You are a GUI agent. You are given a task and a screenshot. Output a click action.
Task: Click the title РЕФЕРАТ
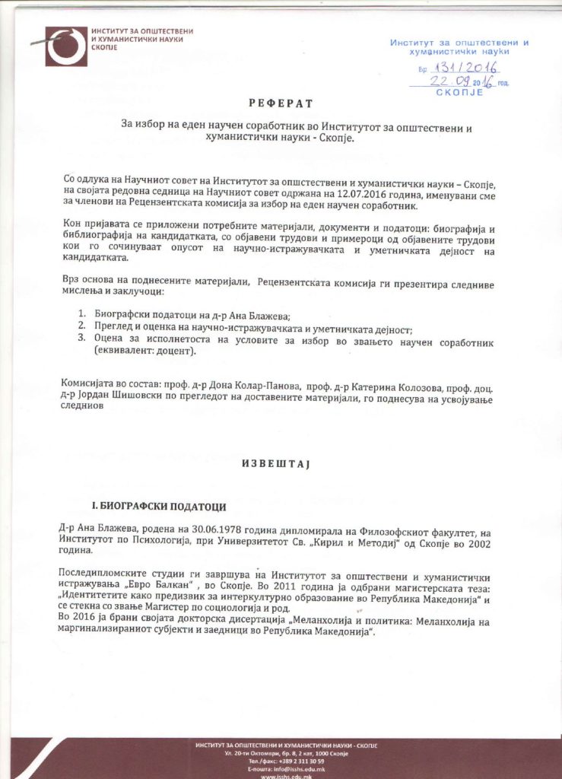(281, 103)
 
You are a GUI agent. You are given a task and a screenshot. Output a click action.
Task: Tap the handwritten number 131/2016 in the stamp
(460, 68)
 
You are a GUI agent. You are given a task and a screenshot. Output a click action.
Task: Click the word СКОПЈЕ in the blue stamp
(459, 92)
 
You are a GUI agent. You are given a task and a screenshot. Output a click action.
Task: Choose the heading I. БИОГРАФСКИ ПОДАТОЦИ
(158, 506)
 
